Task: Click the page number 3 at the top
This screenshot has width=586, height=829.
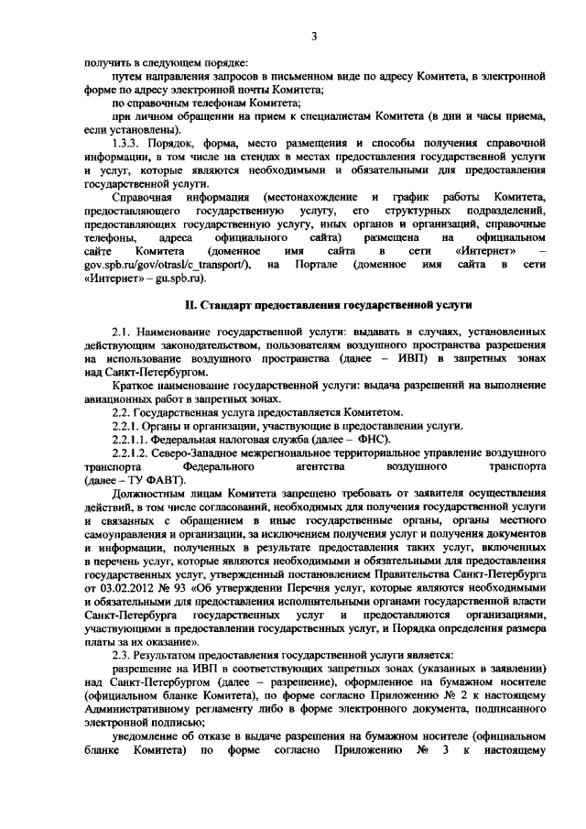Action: (313, 37)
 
